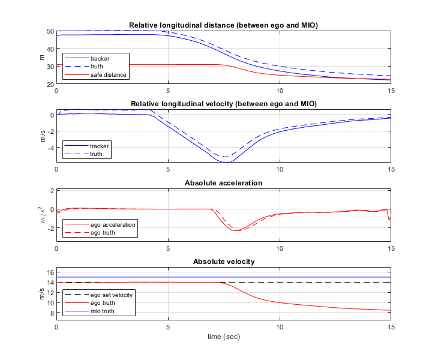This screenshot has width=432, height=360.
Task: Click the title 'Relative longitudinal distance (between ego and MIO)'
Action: (x=223, y=25)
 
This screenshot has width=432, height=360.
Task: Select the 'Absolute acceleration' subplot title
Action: (x=223, y=182)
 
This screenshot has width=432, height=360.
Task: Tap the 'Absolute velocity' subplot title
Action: (x=223, y=262)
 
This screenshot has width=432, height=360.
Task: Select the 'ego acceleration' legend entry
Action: (x=112, y=224)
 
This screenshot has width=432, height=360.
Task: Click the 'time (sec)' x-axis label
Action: (x=223, y=337)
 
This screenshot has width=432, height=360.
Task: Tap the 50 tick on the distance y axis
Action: (x=50, y=31)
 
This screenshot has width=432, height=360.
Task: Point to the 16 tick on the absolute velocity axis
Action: (x=50, y=272)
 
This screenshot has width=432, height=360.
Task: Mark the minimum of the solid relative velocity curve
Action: (x=227, y=162)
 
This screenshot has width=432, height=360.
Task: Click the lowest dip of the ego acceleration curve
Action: (x=237, y=230)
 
